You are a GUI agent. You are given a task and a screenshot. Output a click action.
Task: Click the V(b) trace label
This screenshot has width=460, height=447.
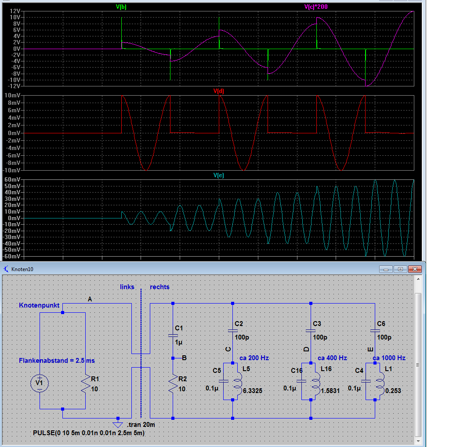[121, 7]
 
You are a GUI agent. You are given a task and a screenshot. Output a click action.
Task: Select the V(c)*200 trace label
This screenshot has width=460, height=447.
[315, 7]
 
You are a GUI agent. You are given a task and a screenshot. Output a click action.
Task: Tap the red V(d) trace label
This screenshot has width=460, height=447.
[218, 91]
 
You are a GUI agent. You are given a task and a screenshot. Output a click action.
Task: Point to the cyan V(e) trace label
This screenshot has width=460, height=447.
[218, 175]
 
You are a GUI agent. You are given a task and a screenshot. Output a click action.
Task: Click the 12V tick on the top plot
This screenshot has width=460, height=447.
[15, 11]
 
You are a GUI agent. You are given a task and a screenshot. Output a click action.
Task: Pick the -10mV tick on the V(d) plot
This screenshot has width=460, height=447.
[12, 170]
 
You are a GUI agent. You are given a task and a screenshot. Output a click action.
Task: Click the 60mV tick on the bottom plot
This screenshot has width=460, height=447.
[12, 179]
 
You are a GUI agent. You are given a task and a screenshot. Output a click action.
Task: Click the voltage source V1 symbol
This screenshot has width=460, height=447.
[40, 383]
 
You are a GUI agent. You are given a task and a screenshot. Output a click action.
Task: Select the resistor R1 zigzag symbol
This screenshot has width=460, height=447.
[85, 384]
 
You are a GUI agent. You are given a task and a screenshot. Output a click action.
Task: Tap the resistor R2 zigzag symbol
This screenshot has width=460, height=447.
[173, 384]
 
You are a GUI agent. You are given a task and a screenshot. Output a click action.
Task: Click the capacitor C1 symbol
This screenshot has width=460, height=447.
[173, 336]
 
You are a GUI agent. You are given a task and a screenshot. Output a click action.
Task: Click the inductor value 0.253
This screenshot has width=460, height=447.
[393, 391]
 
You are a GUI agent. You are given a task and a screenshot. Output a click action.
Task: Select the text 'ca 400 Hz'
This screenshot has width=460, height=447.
[333, 358]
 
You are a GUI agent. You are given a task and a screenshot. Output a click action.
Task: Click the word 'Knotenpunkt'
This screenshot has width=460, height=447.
[39, 305]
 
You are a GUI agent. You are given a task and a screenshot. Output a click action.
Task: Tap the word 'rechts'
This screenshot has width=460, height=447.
[159, 287]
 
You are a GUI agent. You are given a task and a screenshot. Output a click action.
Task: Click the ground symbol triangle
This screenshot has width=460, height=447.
[118, 425]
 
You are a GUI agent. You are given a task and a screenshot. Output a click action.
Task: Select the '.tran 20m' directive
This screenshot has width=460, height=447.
[141, 425]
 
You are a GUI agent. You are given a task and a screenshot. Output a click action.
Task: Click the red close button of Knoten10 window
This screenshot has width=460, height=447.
[415, 269]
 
